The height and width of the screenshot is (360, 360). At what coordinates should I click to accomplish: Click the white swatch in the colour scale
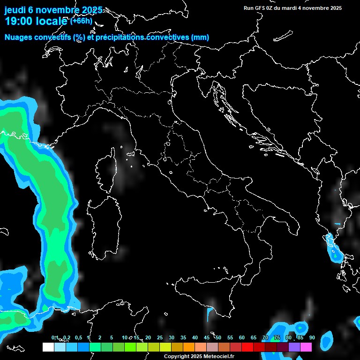48,347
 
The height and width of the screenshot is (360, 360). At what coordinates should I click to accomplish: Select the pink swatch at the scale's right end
306,347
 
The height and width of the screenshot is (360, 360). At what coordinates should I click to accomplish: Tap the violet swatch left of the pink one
294,347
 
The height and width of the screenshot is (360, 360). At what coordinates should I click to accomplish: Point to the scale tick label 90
312,338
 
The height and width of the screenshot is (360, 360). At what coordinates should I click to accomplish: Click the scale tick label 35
183,338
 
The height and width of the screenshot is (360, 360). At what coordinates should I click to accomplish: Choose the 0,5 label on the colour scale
78,338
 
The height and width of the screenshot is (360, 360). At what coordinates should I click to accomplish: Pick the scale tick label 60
242,338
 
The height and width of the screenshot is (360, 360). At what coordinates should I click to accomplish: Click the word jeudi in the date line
15,10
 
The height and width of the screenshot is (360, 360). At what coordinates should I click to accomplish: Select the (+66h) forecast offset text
82,21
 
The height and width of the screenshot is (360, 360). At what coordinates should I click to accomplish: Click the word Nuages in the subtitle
19,37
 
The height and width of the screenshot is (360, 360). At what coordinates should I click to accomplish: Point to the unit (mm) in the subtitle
200,37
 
